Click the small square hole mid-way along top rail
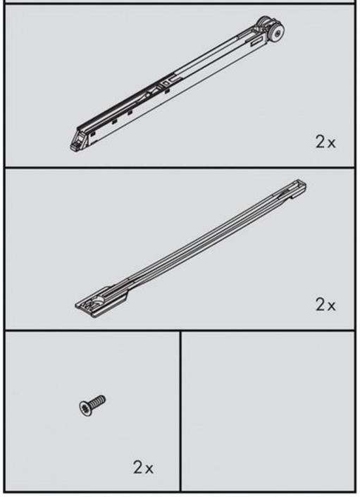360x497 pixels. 165,83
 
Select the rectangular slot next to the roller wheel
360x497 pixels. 257,41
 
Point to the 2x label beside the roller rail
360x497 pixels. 325,142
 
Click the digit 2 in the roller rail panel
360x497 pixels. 320,142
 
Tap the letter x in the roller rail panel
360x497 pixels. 331,144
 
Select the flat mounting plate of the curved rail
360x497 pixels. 101,302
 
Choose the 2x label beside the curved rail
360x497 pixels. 325,305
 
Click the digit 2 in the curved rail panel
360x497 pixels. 320,305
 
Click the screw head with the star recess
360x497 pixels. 85,407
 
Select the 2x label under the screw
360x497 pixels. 143,467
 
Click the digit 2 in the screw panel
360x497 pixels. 138,467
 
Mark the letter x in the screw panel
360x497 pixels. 149,470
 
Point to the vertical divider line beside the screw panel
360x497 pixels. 180,411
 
